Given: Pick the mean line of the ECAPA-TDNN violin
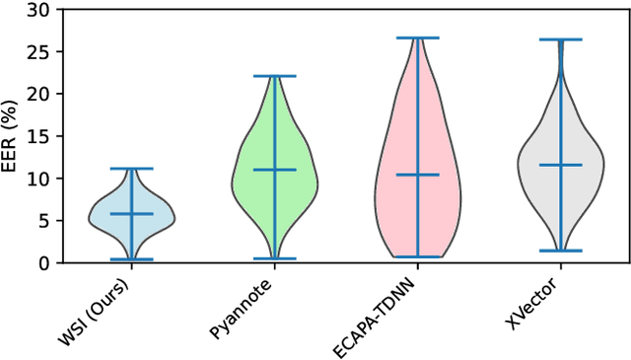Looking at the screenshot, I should click(417, 175).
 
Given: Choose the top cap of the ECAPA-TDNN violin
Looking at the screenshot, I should click(417, 37).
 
